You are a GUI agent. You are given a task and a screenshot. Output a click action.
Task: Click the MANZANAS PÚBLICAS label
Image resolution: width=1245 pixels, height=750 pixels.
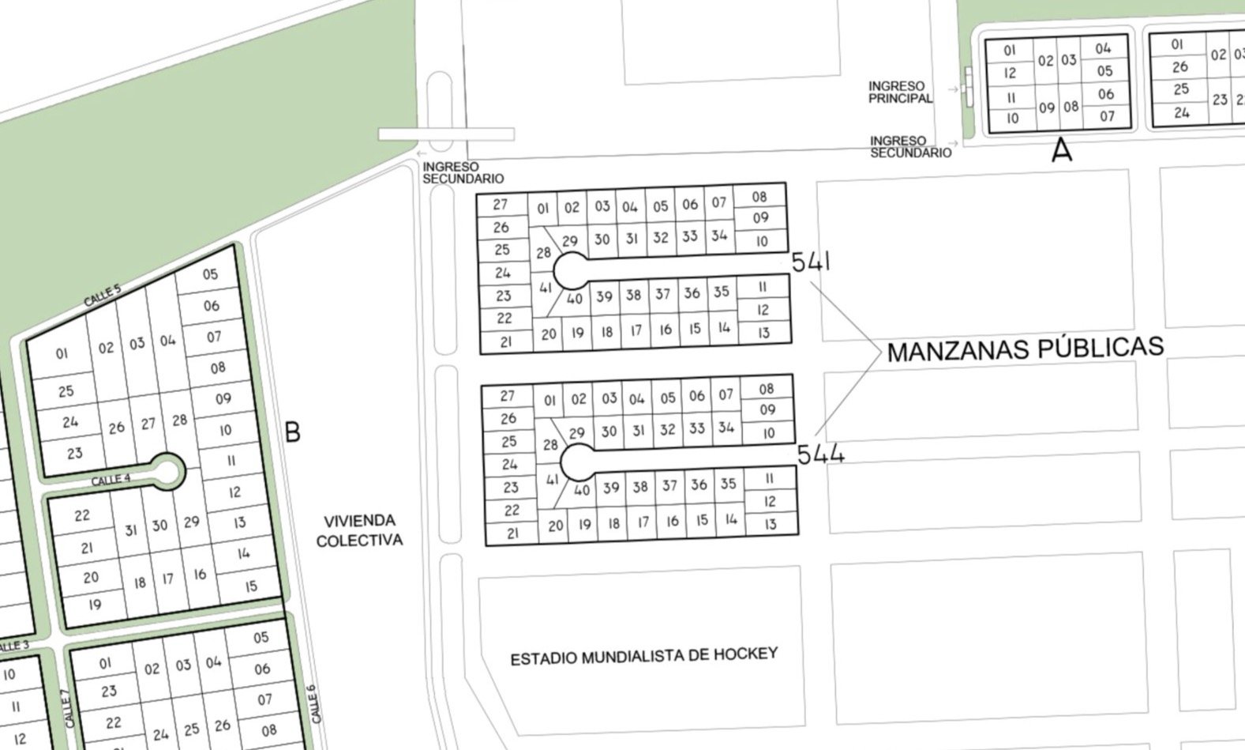tap(1025, 349)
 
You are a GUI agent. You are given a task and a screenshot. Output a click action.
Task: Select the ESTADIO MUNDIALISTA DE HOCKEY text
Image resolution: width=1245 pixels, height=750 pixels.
tap(643, 656)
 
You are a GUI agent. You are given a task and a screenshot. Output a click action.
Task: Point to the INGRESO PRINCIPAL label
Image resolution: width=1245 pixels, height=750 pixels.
tap(899, 92)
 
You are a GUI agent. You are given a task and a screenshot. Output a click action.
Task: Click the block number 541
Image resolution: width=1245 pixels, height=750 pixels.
tap(810, 262)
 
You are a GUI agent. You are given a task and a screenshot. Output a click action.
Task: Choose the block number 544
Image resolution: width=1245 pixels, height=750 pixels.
tap(820, 454)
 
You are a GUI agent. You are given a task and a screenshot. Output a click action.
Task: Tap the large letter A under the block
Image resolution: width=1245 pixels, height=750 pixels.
tap(1062, 150)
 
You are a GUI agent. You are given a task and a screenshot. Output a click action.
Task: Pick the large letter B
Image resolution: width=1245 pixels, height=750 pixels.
tap(292, 432)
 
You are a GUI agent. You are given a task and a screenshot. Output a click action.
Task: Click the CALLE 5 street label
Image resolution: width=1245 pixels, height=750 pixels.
tap(103, 296)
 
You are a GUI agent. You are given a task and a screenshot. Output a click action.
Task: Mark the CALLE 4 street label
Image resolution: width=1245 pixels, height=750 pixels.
tap(111, 480)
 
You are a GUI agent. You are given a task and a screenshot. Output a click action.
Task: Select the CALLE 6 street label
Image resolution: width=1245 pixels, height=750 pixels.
tap(313, 703)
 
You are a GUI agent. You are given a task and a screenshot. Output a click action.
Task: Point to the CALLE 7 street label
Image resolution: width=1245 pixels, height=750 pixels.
tap(68, 709)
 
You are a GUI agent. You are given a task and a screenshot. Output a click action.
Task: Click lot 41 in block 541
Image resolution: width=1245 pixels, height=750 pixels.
tap(546, 288)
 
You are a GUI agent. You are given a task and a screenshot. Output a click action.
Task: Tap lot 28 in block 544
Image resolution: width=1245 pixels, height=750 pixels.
tap(550, 444)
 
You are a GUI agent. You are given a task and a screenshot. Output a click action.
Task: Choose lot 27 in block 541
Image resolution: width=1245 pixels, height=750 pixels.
tap(501, 204)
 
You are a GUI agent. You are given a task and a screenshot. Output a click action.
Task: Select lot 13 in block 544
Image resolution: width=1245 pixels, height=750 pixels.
tap(771, 523)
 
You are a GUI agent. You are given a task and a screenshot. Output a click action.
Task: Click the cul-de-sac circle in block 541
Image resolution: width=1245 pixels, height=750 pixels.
tap(570, 271)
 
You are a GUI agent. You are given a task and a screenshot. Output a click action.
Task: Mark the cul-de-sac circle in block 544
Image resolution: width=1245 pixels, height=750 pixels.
tap(577, 461)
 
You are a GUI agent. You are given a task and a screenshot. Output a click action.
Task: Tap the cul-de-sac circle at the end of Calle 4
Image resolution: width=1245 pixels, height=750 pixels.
tap(167, 471)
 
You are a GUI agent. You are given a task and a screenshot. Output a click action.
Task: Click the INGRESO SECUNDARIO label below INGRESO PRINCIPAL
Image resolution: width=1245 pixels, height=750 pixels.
tap(910, 147)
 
